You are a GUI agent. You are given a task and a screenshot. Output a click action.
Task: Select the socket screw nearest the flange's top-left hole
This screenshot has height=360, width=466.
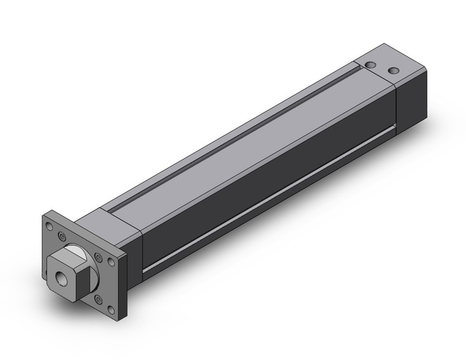click(61, 236)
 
